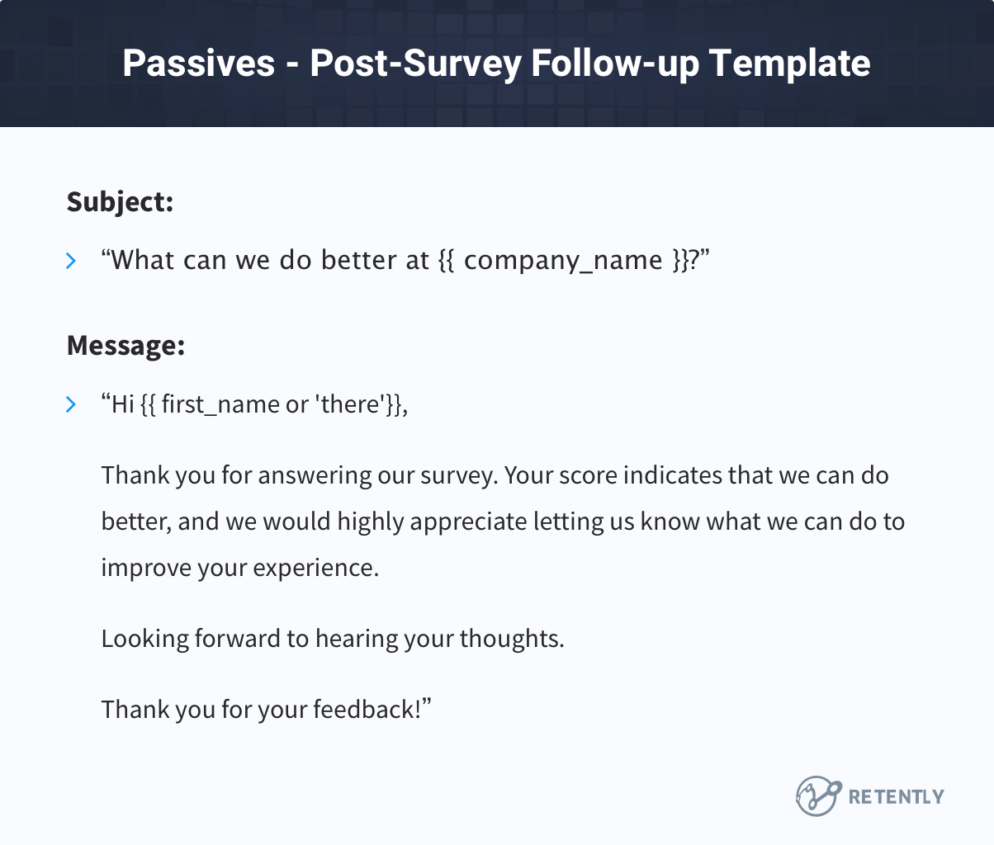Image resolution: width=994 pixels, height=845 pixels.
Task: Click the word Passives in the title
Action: [x=198, y=64]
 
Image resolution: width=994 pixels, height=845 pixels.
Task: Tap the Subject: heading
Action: [x=120, y=202]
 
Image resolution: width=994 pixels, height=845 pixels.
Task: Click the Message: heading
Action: [x=125, y=346]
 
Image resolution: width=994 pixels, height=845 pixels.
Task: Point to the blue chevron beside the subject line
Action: [x=71, y=262]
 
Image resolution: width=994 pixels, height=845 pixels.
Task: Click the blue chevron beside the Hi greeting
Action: [x=71, y=404]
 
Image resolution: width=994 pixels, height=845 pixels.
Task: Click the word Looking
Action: [x=144, y=640]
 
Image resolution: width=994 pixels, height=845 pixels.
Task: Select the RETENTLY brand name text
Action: [x=896, y=797]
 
